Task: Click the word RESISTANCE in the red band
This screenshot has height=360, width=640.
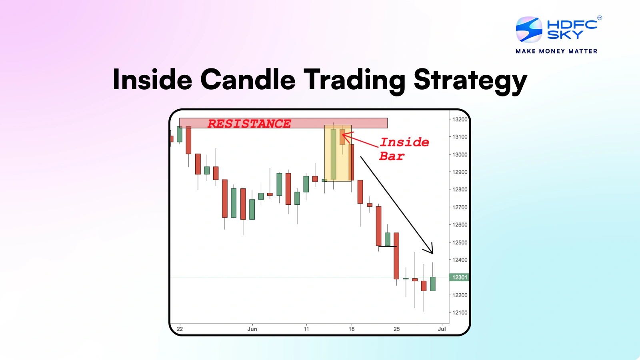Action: pyautogui.click(x=249, y=124)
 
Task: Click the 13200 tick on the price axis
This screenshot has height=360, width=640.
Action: pyautogui.click(x=460, y=119)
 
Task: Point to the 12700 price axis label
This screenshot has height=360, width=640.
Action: pyautogui.click(x=460, y=207)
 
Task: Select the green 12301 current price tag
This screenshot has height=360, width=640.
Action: pyautogui.click(x=459, y=277)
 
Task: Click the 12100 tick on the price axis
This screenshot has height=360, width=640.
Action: pyautogui.click(x=460, y=312)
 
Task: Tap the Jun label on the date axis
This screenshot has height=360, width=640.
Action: pyautogui.click(x=252, y=329)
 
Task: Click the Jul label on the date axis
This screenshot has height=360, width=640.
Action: pyautogui.click(x=442, y=329)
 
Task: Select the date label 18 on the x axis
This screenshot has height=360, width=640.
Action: pyautogui.click(x=352, y=329)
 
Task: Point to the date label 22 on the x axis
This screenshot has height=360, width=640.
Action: pyautogui.click(x=180, y=329)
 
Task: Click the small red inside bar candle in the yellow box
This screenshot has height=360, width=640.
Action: pyautogui.click(x=342, y=137)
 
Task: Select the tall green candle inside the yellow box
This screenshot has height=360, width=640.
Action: pyautogui.click(x=333, y=154)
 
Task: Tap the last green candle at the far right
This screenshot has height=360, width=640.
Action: pyautogui.click(x=433, y=284)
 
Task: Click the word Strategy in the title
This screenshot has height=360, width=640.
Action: pyautogui.click(x=470, y=80)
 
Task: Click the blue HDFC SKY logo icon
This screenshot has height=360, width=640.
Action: pyautogui.click(x=528, y=29)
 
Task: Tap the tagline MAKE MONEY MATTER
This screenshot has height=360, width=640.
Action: pyautogui.click(x=556, y=51)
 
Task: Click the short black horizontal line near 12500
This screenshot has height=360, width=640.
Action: pyautogui.click(x=387, y=246)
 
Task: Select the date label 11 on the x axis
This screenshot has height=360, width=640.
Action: pyautogui.click(x=306, y=329)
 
